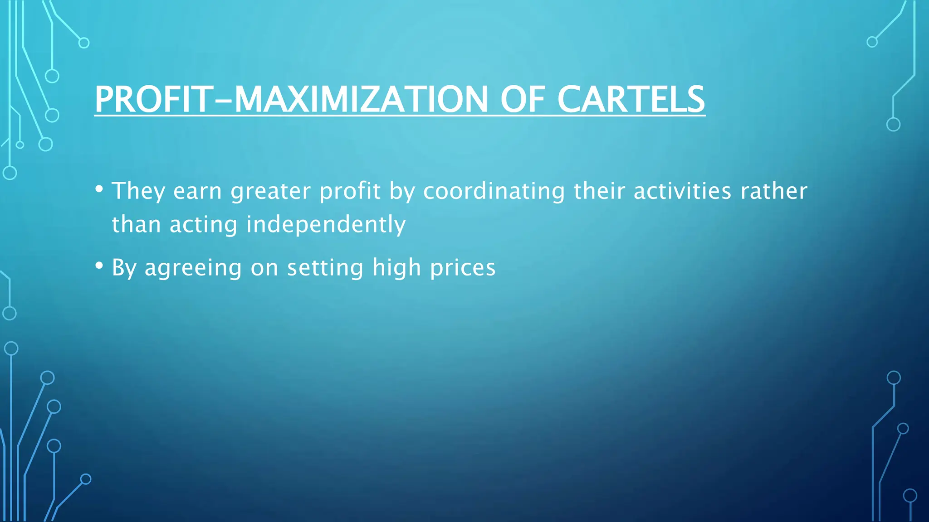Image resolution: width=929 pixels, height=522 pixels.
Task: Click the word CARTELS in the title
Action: (x=631, y=99)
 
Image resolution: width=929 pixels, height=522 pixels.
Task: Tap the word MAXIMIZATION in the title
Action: (x=361, y=99)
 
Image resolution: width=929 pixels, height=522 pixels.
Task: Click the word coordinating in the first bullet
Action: (x=494, y=191)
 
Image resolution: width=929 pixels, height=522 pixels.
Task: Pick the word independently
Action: (x=326, y=225)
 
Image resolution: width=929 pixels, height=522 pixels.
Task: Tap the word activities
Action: (x=682, y=191)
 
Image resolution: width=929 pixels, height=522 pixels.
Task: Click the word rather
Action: (x=774, y=191)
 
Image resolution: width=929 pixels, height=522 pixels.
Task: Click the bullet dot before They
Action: (x=99, y=188)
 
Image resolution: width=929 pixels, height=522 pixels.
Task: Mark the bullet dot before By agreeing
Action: (x=99, y=266)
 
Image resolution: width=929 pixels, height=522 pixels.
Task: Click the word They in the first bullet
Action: (x=138, y=191)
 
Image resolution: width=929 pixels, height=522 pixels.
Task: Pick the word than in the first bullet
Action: (x=136, y=225)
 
